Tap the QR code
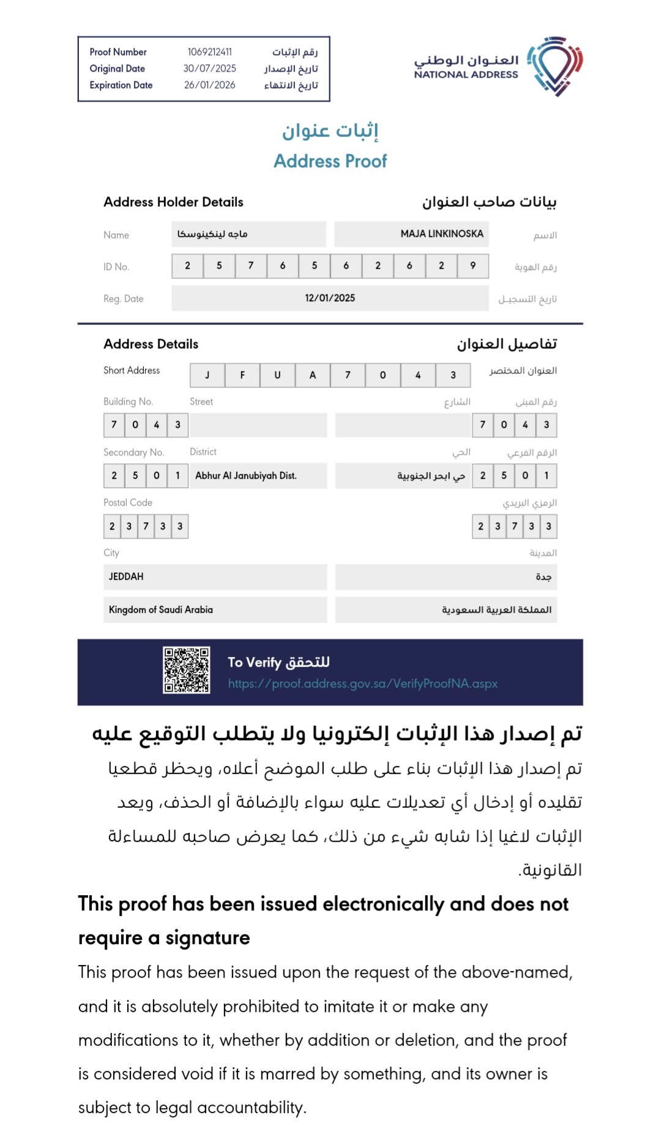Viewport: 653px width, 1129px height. (186, 670)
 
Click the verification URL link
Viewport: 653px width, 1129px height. (363, 684)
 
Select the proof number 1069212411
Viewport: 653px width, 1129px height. (209, 52)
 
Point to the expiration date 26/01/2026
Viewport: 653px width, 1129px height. (209, 85)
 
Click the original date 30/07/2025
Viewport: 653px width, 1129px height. (209, 69)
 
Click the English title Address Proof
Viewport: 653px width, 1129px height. (330, 161)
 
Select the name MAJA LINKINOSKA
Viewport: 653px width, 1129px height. (441, 234)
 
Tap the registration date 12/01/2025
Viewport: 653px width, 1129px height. (330, 298)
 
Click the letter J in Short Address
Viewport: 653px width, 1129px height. (207, 375)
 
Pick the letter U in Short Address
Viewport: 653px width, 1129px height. (277, 375)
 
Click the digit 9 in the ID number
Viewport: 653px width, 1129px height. (472, 266)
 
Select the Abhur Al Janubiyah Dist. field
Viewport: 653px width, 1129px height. (246, 476)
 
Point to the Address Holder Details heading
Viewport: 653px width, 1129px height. (173, 202)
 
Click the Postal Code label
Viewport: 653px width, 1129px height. (128, 503)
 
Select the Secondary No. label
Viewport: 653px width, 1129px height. (133, 452)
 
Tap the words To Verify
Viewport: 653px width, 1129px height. (254, 662)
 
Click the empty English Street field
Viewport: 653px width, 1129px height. (258, 425)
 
